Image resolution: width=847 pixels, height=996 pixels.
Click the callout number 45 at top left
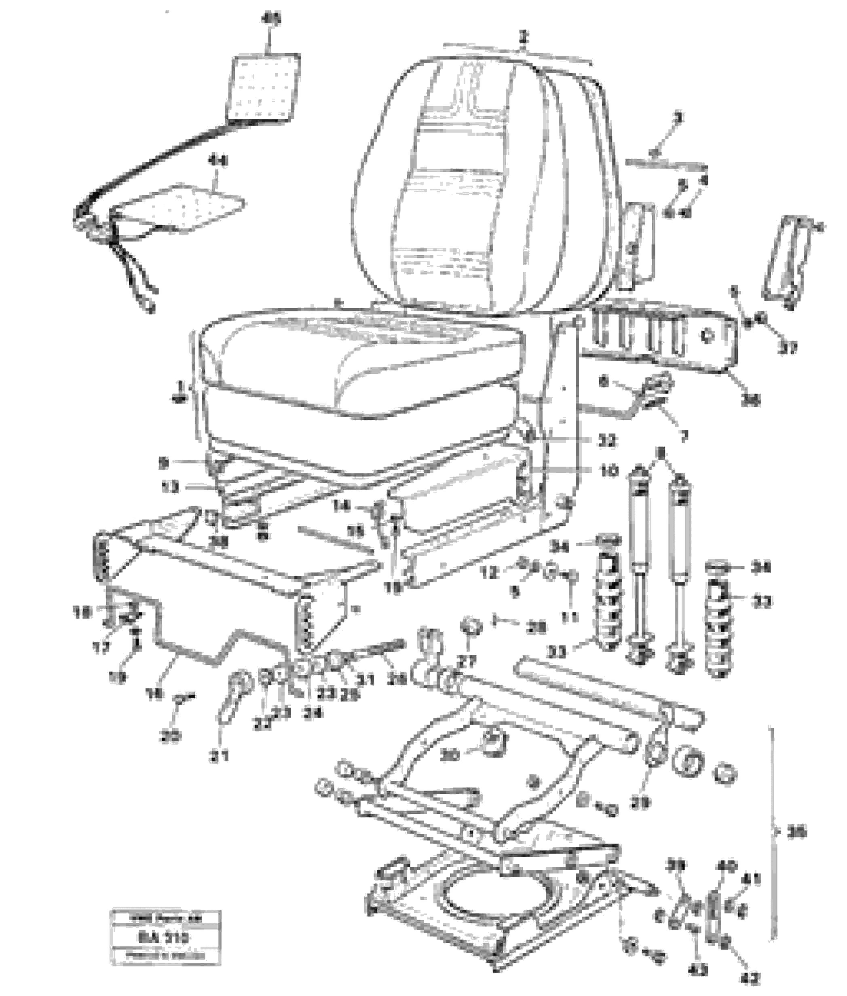(272, 20)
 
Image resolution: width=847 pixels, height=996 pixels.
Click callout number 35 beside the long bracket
(797, 832)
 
